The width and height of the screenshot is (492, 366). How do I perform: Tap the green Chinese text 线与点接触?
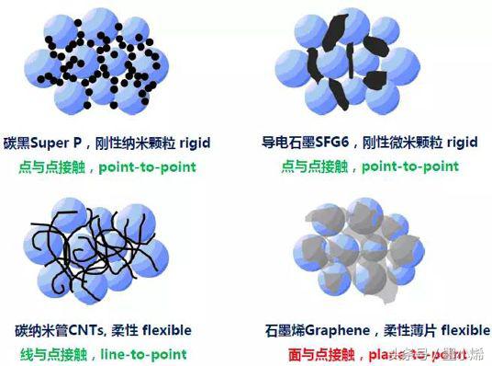point(47,354)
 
